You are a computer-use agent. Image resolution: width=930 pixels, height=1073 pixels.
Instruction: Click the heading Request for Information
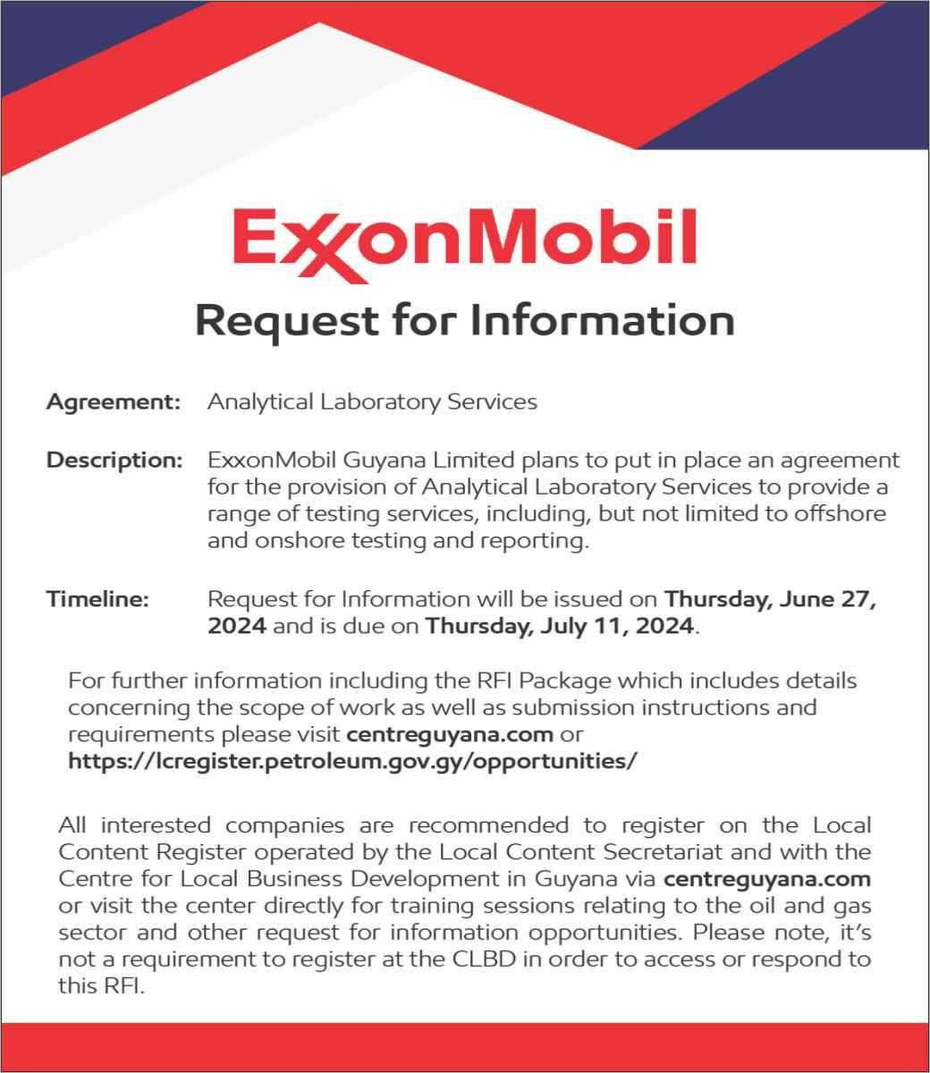(x=464, y=320)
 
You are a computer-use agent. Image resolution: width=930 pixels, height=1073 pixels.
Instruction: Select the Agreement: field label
(x=114, y=401)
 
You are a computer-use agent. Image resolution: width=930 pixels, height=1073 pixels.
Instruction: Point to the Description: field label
(x=114, y=460)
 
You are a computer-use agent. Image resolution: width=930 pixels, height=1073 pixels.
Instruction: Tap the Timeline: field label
(x=97, y=598)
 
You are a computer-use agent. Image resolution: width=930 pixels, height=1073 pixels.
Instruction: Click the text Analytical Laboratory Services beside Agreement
(x=372, y=401)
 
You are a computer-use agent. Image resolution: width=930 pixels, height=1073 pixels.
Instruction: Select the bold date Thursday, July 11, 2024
(x=560, y=626)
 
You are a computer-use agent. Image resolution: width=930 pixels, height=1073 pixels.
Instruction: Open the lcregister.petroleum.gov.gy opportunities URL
(x=353, y=762)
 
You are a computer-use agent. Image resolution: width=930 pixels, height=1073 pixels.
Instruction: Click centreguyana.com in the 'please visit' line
(x=449, y=735)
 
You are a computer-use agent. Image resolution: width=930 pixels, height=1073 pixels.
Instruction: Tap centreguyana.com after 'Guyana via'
(x=767, y=878)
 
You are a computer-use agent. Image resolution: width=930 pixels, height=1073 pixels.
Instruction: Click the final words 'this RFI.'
(x=100, y=988)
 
